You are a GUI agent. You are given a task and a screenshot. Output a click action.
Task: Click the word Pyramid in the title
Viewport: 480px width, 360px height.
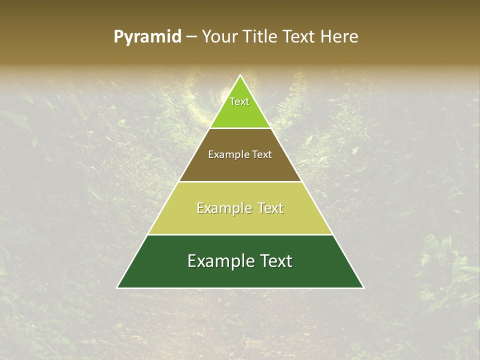click(x=147, y=37)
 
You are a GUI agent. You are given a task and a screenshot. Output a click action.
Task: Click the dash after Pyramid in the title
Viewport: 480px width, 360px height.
click(x=191, y=37)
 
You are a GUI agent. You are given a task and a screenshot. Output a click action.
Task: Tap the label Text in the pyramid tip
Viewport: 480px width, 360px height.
click(x=239, y=101)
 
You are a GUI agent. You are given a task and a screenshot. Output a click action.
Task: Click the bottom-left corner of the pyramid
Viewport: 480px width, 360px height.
click(x=117, y=287)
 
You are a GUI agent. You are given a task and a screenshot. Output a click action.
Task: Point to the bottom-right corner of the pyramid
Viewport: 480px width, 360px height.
click(x=363, y=287)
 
